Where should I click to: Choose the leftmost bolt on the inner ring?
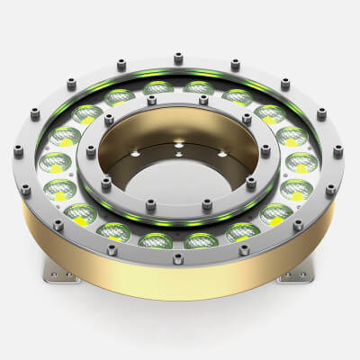coord(90,151)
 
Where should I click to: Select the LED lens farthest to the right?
coord(303,163)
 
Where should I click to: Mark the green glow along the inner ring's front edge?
coord(179,221)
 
